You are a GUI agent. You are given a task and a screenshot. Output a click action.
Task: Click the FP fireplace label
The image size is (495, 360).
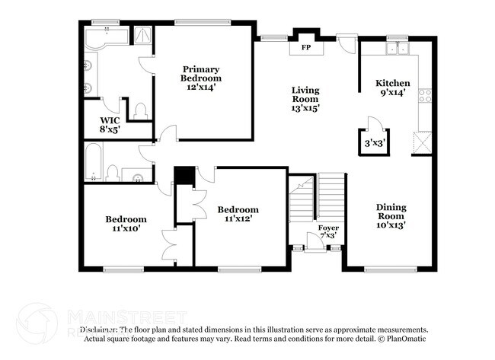click(305, 47)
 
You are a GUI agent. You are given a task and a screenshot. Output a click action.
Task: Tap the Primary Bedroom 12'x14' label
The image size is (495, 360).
click(201, 74)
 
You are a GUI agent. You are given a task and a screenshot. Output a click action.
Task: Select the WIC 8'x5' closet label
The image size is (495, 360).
click(110, 125)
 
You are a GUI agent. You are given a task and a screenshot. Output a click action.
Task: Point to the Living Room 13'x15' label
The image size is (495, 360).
click(305, 99)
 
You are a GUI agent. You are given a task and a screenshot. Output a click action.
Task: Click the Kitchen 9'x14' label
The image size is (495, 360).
click(393, 88)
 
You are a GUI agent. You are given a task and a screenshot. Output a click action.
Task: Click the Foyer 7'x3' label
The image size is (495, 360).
click(328, 231)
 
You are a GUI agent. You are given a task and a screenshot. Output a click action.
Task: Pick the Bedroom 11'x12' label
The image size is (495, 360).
click(238, 214)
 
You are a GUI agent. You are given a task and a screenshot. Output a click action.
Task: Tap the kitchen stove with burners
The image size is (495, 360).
click(425, 97)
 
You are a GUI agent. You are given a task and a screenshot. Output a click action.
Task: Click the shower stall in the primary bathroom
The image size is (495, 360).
click(141, 35)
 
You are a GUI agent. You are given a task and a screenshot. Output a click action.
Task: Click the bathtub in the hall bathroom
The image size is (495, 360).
click(93, 165)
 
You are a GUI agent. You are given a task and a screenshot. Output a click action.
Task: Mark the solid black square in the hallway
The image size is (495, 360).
click(183, 175)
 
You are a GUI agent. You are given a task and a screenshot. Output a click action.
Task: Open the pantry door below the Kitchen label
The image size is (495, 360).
click(371, 124)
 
